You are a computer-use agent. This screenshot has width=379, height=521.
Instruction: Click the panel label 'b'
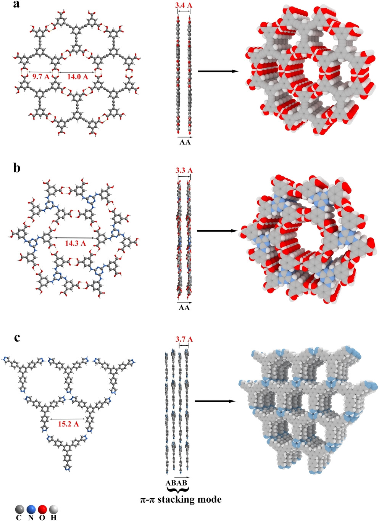(16, 168)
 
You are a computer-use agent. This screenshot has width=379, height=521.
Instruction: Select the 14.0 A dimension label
(78, 77)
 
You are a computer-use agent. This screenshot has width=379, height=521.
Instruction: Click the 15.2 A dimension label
(68, 424)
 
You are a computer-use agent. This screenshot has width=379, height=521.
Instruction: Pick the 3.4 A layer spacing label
(184, 6)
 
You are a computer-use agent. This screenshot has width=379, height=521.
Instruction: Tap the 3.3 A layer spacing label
(184, 170)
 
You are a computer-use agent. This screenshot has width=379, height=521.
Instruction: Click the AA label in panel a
(185, 143)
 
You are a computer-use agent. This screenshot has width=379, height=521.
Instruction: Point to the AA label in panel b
(184, 308)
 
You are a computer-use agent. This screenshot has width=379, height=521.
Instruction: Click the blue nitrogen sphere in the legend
(31, 510)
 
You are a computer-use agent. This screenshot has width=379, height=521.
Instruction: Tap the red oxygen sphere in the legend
(42, 510)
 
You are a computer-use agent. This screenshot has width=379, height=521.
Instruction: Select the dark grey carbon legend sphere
(19, 510)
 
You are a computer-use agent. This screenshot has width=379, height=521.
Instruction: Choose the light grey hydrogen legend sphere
(53, 510)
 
